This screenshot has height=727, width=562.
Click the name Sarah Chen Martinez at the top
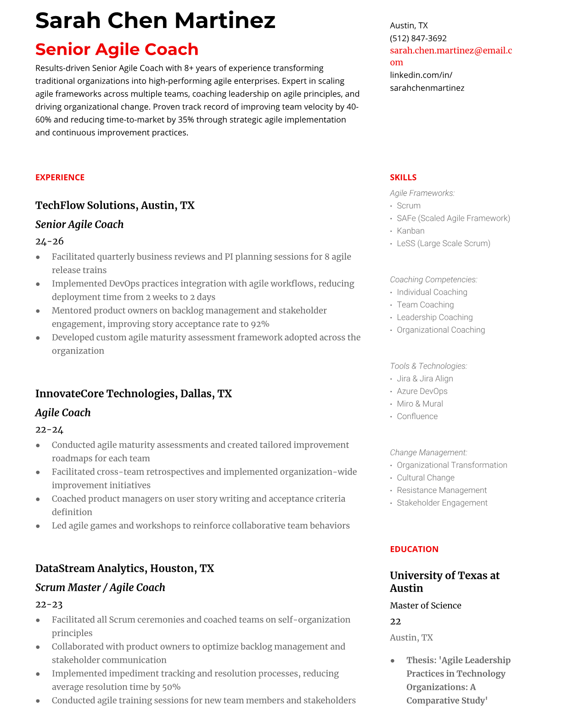pyautogui.click(x=155, y=21)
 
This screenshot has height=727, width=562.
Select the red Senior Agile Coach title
pyautogui.click(x=117, y=49)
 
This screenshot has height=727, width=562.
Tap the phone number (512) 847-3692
pyautogui.click(x=418, y=39)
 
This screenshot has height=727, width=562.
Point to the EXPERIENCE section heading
pyautogui.click(x=60, y=178)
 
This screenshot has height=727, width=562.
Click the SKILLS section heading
pyautogui.click(x=403, y=178)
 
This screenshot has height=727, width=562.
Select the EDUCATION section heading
pyautogui.click(x=414, y=549)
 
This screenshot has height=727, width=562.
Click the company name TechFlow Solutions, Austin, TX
pyautogui.click(x=115, y=205)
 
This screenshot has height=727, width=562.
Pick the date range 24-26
pyautogui.click(x=49, y=241)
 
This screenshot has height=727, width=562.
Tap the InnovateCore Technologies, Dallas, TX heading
pyautogui.click(x=133, y=393)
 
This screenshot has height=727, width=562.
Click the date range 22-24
pyautogui.click(x=49, y=430)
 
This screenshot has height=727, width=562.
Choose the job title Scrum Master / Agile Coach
pyautogui.click(x=100, y=587)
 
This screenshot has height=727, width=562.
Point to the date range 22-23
pyautogui.click(x=49, y=604)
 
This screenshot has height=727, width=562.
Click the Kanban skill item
pyautogui.click(x=410, y=231)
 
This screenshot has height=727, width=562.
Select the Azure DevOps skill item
pyautogui.click(x=422, y=391)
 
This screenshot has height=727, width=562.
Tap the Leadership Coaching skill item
pyautogui.click(x=434, y=317)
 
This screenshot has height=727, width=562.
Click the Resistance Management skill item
pyautogui.click(x=441, y=490)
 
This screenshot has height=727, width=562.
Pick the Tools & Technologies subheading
pyautogui.click(x=428, y=366)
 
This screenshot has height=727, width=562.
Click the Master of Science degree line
pyautogui.click(x=425, y=605)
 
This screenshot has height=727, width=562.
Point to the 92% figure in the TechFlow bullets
pyautogui.click(x=260, y=324)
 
